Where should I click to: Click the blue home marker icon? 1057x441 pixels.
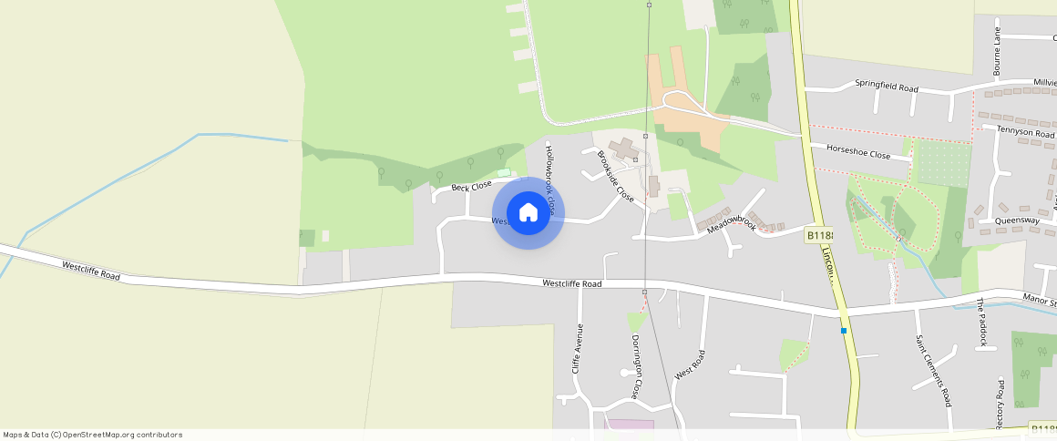click(528, 213)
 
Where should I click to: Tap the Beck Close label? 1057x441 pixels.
click(471, 187)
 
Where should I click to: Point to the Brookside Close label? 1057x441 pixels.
click(615, 175)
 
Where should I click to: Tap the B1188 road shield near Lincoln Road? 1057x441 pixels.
click(819, 236)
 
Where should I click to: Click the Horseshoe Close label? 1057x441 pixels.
click(857, 154)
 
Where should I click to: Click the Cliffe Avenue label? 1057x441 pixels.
click(576, 350)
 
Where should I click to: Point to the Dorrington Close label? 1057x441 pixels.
click(636, 366)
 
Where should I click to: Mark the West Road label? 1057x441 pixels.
click(689, 364)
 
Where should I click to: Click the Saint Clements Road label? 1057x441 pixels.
click(933, 370)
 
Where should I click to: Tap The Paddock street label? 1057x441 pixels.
click(981, 322)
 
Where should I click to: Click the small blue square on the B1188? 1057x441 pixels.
click(845, 330)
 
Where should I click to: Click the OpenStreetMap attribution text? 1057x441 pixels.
click(93, 435)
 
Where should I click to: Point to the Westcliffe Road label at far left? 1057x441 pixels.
click(91, 271)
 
